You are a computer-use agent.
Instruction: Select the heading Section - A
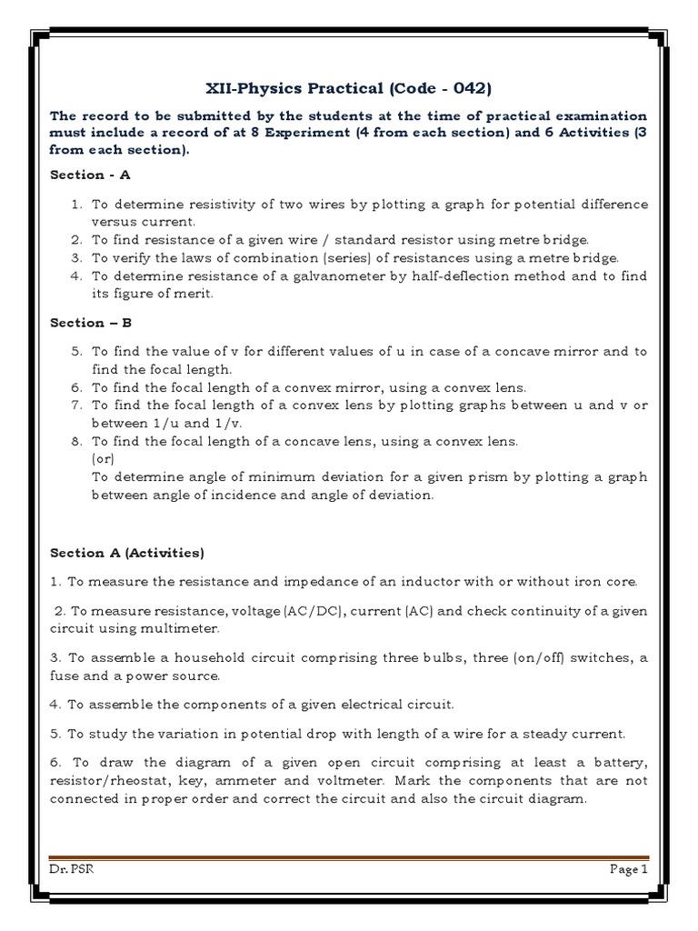click(90, 175)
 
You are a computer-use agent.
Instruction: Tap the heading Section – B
click(90, 322)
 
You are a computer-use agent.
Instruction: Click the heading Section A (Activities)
click(127, 552)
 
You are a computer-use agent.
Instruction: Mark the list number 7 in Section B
click(76, 405)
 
